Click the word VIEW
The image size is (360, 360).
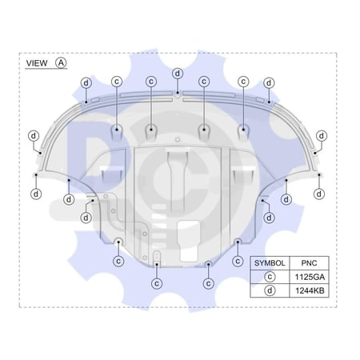[37, 63]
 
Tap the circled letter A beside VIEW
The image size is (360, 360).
[61, 63]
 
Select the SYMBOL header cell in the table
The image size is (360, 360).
[270, 263]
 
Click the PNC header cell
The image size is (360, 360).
[309, 263]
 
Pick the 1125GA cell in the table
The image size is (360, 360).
[310, 277]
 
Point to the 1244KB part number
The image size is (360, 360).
[310, 290]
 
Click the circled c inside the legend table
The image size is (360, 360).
[270, 277]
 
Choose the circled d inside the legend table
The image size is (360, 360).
[270, 290]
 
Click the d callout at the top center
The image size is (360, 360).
[178, 74]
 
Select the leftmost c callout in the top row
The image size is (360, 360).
[117, 82]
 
